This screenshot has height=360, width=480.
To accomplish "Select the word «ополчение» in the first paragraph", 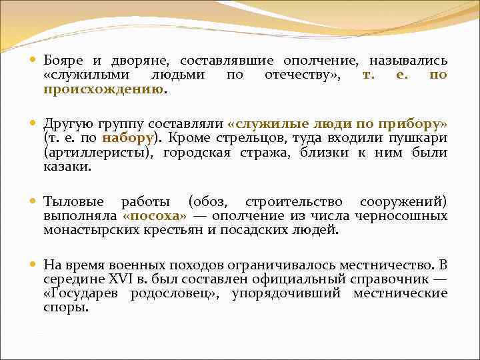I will tap(326, 60).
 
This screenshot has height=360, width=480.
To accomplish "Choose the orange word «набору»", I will tap(128, 138).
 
